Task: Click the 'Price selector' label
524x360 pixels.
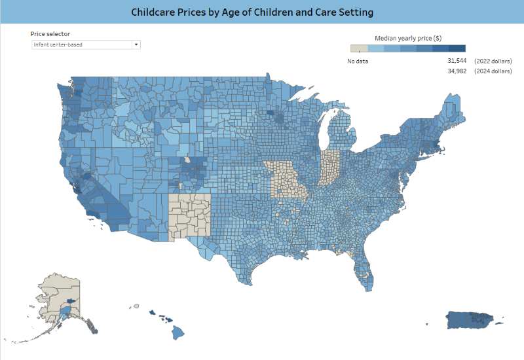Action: [50, 33]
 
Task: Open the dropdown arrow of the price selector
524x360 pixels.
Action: [136, 45]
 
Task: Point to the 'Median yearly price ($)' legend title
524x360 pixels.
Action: [407, 38]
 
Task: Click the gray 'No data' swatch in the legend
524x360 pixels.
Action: [359, 48]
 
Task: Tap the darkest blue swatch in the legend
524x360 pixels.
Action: [457, 48]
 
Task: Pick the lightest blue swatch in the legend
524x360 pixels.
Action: [375, 48]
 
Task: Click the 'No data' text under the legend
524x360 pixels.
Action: [358, 61]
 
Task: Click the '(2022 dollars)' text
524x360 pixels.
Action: [493, 61]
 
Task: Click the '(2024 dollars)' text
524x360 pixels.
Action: [493, 71]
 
